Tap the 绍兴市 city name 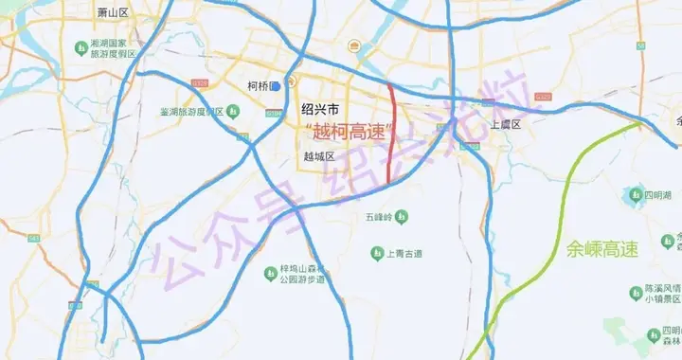(x=320, y=108)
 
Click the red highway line (x=391, y=133)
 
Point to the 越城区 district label (x=319, y=157)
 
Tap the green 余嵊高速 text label (x=602, y=250)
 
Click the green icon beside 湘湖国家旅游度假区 (x=82, y=47)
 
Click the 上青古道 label (x=404, y=253)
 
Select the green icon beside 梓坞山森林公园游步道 (x=270, y=274)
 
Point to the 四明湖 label (x=658, y=195)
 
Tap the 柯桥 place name (x=258, y=86)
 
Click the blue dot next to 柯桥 (x=275, y=86)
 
